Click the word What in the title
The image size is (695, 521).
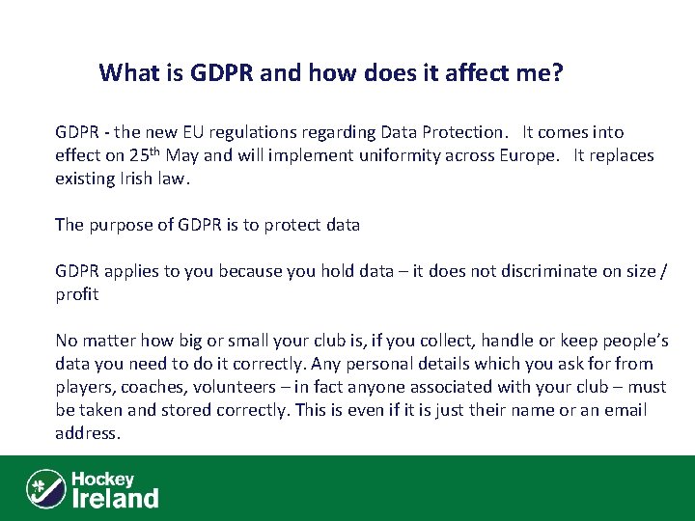(128, 72)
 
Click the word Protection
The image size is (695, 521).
(459, 132)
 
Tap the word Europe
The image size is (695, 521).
(526, 155)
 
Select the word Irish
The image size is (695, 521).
(141, 178)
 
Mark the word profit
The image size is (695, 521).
(76, 294)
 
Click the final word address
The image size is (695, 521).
(87, 433)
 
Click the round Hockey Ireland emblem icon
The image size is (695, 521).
(45, 488)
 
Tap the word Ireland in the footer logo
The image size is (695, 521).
(116, 498)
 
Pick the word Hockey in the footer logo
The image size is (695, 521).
(102, 479)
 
